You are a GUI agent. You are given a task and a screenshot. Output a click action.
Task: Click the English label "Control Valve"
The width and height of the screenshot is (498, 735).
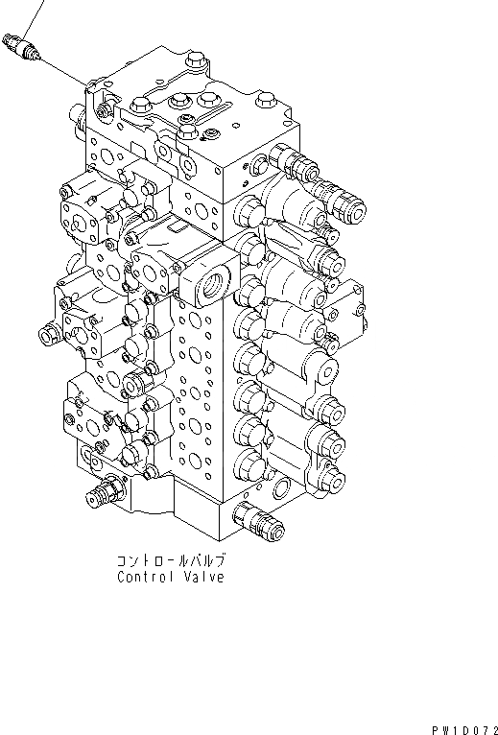pyautogui.click(x=171, y=577)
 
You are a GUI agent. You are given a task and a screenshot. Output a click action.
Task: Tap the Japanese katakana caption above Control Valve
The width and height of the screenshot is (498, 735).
pyautogui.click(x=172, y=560)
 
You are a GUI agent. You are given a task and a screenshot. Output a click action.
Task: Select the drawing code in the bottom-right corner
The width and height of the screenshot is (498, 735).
pyautogui.click(x=464, y=730)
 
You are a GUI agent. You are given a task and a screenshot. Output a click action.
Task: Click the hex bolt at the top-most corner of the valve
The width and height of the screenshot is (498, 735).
pyautogui.click(x=194, y=60)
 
